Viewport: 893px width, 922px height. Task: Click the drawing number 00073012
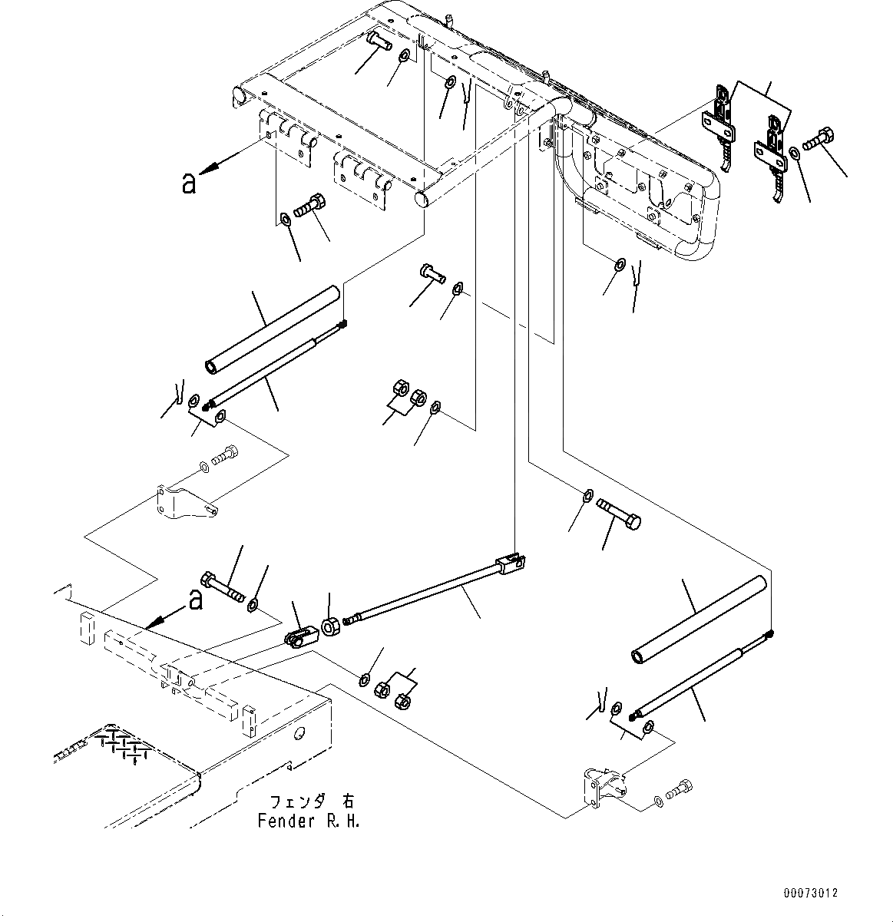pyautogui.click(x=811, y=894)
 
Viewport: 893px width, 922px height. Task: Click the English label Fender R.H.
pyautogui.click(x=308, y=821)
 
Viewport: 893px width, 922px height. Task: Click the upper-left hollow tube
pyautogui.click(x=273, y=329)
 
